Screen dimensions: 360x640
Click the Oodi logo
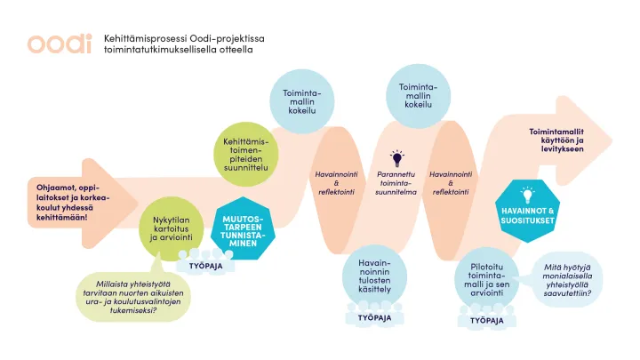pos(60,44)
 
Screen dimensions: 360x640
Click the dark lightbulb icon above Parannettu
pos(396,159)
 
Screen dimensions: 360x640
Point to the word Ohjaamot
pos(55,188)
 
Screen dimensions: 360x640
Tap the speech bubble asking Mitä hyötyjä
pos(568,280)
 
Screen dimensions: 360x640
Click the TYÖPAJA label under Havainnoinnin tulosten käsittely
pos(375,317)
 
